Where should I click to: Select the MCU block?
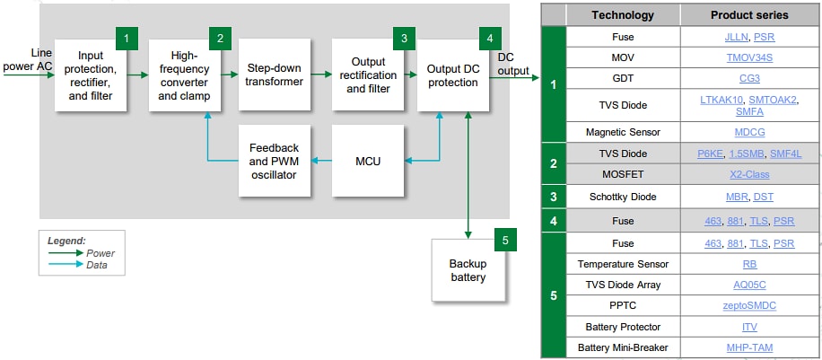coord(368,162)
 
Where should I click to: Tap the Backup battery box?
coord(467,270)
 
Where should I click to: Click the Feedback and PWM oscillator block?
coord(275,162)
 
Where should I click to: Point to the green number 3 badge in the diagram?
coord(404,38)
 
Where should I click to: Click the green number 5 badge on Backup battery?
coord(504,240)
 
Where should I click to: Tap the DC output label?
coord(513,64)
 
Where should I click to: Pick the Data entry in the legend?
coord(99,266)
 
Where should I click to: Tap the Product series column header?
coord(748,15)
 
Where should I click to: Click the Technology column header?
coord(623,15)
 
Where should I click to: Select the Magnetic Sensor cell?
coord(623,132)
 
